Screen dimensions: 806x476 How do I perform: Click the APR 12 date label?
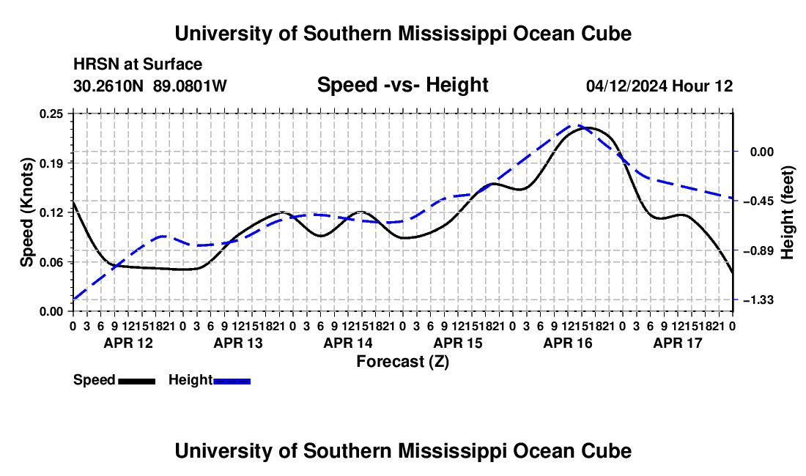pos(128,343)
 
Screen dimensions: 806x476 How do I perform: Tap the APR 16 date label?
pos(568,343)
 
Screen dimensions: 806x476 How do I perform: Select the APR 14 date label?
pos(348,343)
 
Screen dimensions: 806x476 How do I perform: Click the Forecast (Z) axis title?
pos(403,362)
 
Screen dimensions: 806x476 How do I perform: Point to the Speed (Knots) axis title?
pos(26,212)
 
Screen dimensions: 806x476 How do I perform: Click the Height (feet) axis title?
pos(788,212)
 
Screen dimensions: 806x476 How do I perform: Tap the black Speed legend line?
pos(137,381)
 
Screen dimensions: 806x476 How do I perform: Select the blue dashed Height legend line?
pos(232,381)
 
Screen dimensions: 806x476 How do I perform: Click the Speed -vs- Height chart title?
pos(402,85)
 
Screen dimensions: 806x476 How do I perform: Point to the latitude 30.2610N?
pos(108,86)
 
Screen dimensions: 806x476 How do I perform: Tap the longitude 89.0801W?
pos(190,86)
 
